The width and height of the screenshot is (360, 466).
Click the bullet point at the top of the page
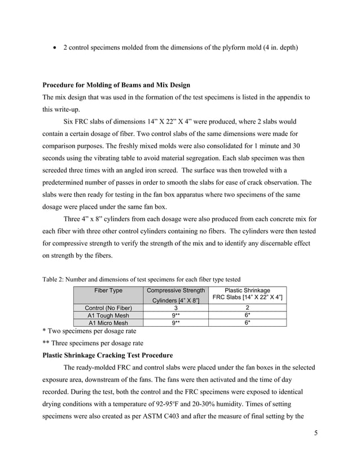55,49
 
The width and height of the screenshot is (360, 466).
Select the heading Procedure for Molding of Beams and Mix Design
116,85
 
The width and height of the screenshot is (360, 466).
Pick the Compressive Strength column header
175,291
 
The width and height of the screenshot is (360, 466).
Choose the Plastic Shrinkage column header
247,290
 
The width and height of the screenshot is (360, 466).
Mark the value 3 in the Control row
175,308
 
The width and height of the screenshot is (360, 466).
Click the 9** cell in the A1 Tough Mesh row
175,316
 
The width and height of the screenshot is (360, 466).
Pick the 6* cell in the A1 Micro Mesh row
247,323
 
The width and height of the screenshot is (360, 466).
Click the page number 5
313,434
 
